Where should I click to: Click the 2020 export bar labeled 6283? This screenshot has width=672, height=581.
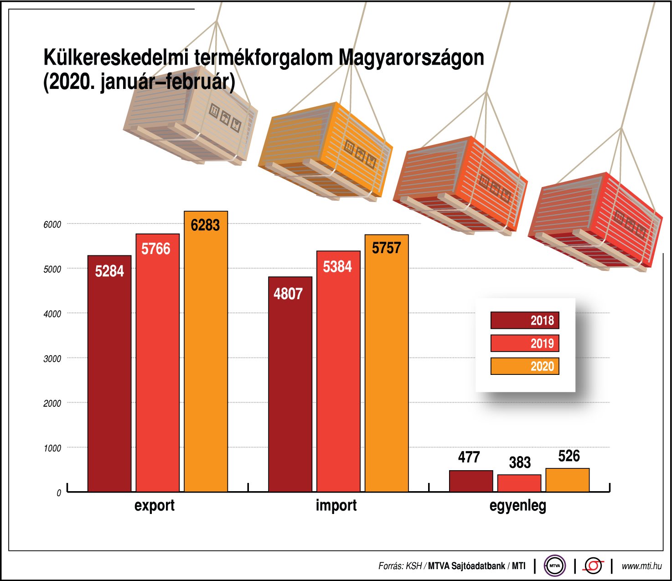point(206,351)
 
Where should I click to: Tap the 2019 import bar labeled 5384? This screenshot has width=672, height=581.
point(338,371)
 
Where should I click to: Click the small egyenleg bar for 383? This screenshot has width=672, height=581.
point(519,483)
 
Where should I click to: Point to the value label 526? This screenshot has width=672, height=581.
point(569,456)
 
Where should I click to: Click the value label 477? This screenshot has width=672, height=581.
point(469,457)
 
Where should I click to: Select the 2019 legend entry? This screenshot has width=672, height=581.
point(525,343)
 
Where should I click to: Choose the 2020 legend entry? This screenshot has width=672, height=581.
point(525,366)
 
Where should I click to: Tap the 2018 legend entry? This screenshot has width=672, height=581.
point(525,320)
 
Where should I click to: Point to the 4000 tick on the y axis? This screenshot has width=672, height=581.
point(52,314)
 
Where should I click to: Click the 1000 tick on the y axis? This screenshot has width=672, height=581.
point(52,448)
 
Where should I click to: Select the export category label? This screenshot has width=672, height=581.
point(154,506)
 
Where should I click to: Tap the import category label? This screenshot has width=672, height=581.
point(336,506)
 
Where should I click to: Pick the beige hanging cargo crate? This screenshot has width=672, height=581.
point(191,119)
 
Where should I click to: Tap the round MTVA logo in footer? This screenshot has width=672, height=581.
point(554,566)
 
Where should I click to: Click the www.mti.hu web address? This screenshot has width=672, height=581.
point(641,566)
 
